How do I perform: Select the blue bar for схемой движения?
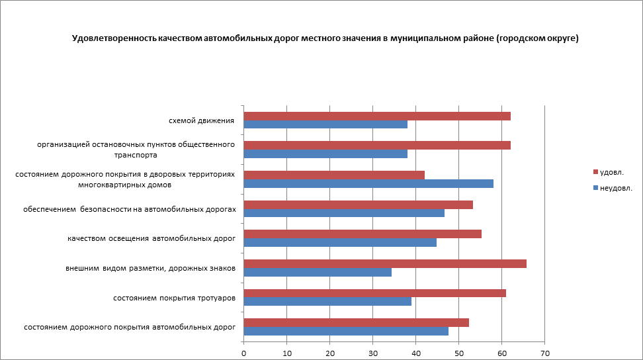pos(325,124)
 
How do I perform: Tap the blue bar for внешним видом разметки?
pos(318,272)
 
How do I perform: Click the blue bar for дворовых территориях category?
pos(368,183)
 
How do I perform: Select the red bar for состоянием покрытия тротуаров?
pos(374,293)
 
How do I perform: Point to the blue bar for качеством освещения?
pos(340,242)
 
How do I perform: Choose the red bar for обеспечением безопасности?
pos(358,204)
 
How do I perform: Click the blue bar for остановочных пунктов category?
pos(325,154)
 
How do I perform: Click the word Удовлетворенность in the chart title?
pos(114,38)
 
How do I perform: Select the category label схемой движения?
pos(202,120)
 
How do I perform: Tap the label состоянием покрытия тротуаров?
pos(175,298)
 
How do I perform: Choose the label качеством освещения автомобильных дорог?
pos(151,238)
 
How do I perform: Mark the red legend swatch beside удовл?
pos(595,172)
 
